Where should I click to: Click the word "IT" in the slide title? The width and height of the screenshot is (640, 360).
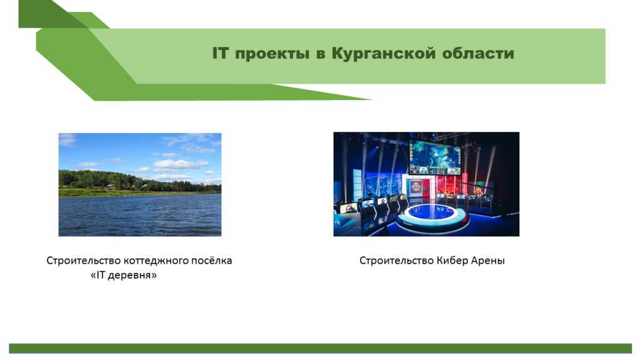coord(220,53)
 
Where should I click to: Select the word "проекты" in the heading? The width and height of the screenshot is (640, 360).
coord(272,54)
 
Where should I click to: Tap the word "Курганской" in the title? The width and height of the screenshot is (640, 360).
coord(383,54)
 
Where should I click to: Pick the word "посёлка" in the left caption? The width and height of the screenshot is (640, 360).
coord(212,261)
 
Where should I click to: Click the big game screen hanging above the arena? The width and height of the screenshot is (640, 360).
coord(435,157)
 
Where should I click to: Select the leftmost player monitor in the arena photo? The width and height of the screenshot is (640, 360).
coord(347,208)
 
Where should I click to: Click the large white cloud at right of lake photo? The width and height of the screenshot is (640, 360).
coord(181,164)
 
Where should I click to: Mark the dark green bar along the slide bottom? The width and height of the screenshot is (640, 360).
coord(321,348)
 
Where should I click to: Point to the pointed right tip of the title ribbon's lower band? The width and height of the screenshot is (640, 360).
coord(371,99)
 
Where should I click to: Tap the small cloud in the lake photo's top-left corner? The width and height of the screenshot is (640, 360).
coord(67,140)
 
